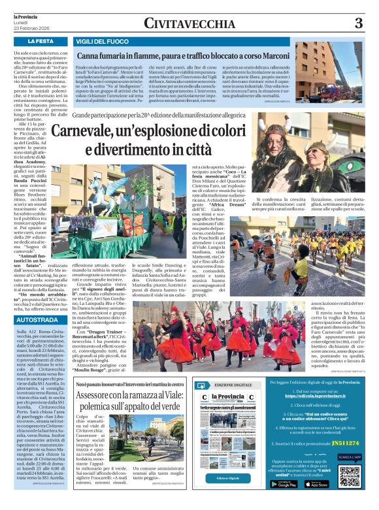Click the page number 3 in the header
pyautogui.click(x=358, y=24)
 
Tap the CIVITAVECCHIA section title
pyautogui.click(x=189, y=24)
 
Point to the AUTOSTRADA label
pyautogui.click(x=36, y=321)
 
